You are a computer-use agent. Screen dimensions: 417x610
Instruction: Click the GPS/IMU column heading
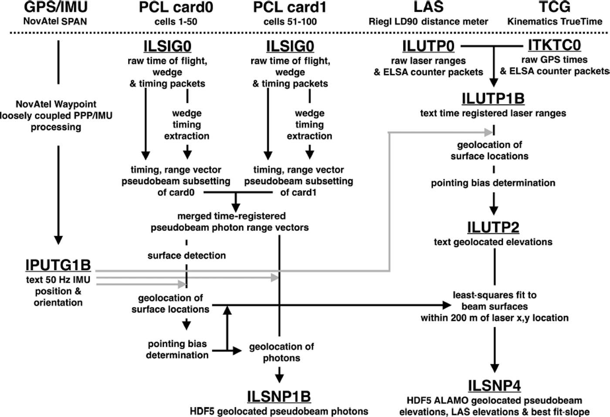(x=56, y=7)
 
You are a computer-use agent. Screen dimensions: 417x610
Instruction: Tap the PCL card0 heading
(x=176, y=7)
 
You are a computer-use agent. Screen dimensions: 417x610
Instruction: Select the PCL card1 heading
(x=290, y=7)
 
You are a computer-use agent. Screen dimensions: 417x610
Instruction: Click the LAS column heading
(x=428, y=7)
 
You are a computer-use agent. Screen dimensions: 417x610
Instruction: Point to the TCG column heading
(x=555, y=7)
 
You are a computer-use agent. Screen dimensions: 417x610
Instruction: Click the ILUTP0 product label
(x=428, y=46)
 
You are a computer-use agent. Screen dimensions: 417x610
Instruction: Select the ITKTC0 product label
(x=554, y=45)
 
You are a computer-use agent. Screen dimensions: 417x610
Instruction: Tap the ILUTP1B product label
(x=493, y=99)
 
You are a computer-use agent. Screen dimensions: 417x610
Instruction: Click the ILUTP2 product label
(x=493, y=227)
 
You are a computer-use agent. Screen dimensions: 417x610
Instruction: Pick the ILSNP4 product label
(x=495, y=386)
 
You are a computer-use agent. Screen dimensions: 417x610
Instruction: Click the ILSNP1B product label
(x=279, y=397)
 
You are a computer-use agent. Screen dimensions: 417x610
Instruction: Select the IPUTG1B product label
(x=58, y=265)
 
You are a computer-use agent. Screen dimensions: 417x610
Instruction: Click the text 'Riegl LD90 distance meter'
(x=428, y=21)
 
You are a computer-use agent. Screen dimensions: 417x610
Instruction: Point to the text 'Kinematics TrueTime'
(x=555, y=21)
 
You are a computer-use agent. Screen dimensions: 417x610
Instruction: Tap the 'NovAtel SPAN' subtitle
(x=55, y=21)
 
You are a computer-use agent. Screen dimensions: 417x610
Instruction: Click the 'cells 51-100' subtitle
(x=290, y=21)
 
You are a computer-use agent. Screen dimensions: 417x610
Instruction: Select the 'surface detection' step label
(x=186, y=255)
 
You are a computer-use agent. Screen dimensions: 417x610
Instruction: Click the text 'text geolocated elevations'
(x=493, y=242)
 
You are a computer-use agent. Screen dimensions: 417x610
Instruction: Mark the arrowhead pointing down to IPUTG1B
(x=58, y=240)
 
